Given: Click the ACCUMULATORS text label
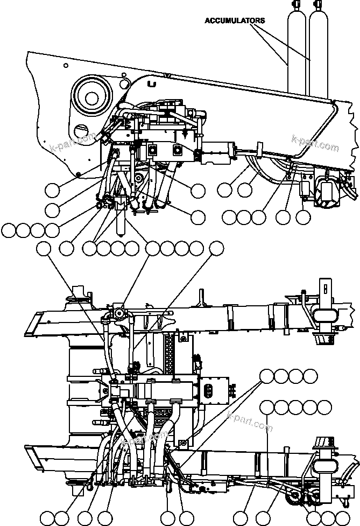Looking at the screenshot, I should coord(235,20).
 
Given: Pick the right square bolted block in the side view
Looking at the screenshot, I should coord(177,150).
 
